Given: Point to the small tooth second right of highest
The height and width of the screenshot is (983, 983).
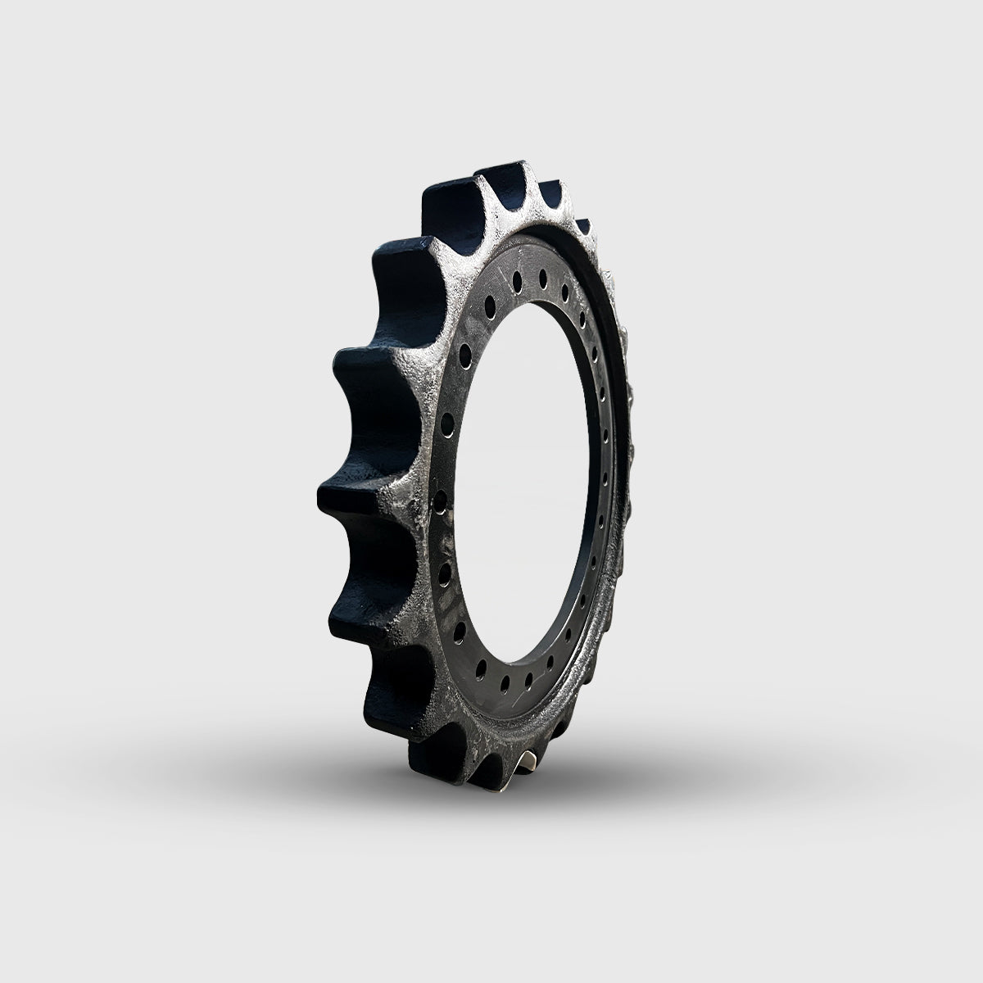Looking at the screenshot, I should pos(583,223).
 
